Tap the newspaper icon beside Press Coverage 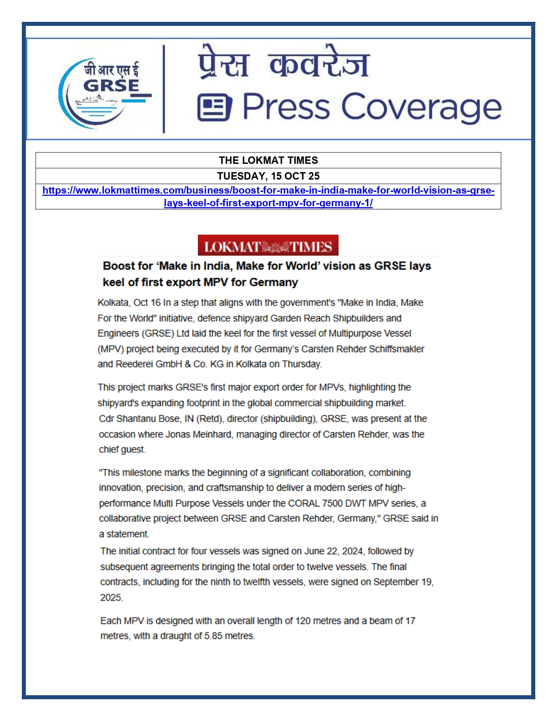click(214, 107)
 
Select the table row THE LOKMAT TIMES click(268, 160)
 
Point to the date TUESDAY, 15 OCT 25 click(268, 176)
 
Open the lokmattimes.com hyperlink click(268, 191)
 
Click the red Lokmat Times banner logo click(268, 246)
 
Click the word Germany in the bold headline click(273, 282)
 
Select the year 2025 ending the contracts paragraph click(111, 597)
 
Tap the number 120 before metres click(303, 621)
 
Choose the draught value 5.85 click(213, 636)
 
